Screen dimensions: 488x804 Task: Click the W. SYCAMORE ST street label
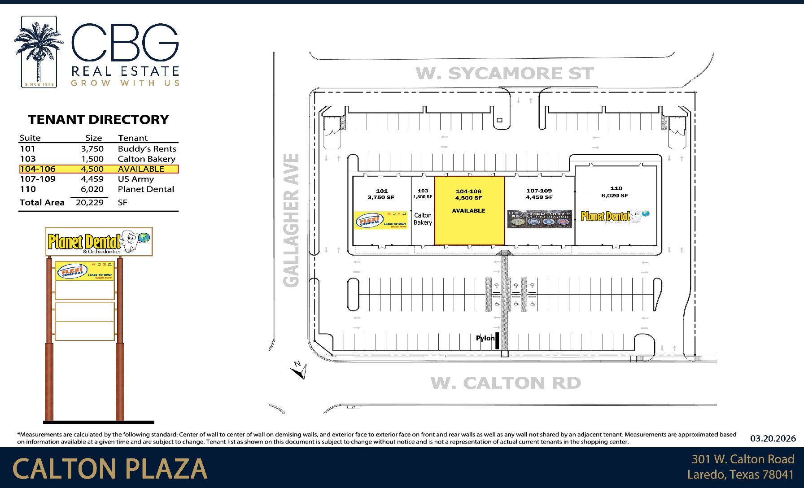pos(505,74)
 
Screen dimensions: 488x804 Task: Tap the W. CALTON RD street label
pos(506,383)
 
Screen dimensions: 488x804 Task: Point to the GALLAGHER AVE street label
pos(292,220)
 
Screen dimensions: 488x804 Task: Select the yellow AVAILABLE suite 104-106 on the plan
pos(469,224)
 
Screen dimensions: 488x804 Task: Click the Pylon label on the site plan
pos(485,338)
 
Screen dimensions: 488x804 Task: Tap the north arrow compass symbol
pos(299,370)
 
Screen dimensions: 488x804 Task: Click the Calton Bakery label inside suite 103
pos(423,219)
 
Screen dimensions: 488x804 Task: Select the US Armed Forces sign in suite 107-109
pos(539,219)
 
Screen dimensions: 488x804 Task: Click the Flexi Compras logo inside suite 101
pos(381,220)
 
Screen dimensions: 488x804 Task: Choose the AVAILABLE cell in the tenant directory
pos(141,169)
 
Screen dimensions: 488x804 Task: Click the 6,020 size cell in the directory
pos(92,189)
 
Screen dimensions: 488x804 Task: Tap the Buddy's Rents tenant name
pos(147,149)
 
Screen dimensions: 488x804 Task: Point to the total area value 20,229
pos(90,202)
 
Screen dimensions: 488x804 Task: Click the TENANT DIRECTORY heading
pos(98,120)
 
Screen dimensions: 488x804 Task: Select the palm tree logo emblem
pos(39,52)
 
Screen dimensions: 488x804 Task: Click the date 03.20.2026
pos(773,438)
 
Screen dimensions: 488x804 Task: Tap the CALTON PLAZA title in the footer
pos(110,469)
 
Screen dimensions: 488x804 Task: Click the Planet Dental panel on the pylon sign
pos(99,242)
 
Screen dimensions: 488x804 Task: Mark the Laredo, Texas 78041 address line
pos(740,475)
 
